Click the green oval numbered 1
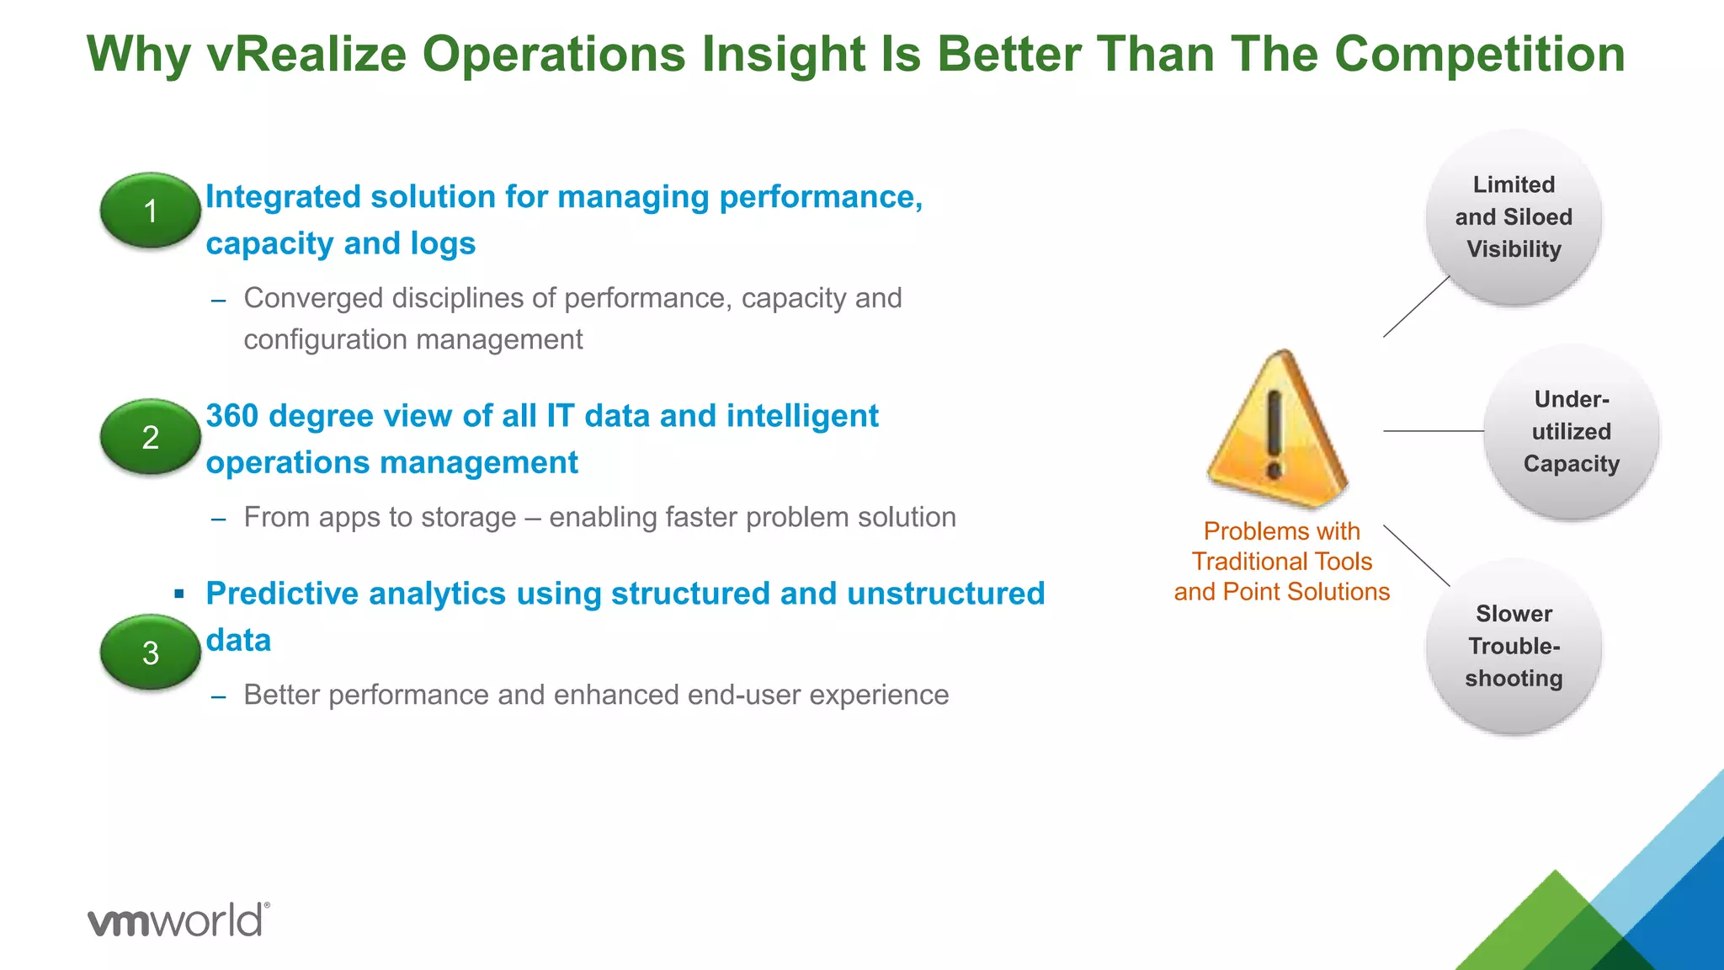pos(150,211)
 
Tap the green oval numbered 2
pos(150,436)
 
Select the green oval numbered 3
pos(150,653)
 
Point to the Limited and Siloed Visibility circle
pos(1513,217)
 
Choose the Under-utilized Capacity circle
pos(1571,431)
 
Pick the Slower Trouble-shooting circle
pos(1513,646)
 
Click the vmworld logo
pos(178,919)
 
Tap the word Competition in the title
pos(1479,55)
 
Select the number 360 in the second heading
pos(231,416)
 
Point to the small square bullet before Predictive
pos(178,594)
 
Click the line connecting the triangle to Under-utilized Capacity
pos(1433,431)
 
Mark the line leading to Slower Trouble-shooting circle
pos(1416,555)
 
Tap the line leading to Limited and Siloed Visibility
pos(1416,307)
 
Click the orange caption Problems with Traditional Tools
pos(1281,562)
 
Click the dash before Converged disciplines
pos(219,301)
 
